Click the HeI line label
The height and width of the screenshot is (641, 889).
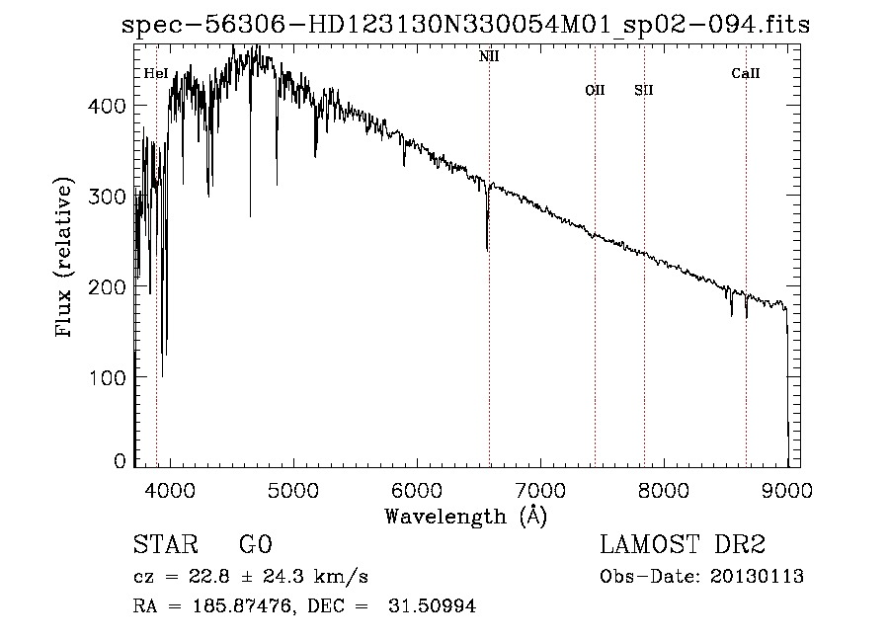pyautogui.click(x=156, y=73)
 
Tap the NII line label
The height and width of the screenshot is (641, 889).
pyautogui.click(x=489, y=57)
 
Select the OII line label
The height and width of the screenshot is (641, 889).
pyautogui.click(x=595, y=90)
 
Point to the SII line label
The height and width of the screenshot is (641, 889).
pyautogui.click(x=644, y=90)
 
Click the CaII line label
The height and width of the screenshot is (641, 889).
pyautogui.click(x=746, y=73)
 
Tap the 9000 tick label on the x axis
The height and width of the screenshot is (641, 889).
pyautogui.click(x=787, y=489)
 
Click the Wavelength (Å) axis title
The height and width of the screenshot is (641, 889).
pyautogui.click(x=465, y=516)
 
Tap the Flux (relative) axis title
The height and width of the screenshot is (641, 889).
pyautogui.click(x=66, y=260)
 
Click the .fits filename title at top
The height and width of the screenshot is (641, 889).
pyautogui.click(x=465, y=26)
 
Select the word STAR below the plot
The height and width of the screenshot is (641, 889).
pyautogui.click(x=165, y=546)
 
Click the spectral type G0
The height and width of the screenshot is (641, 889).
pyautogui.click(x=255, y=546)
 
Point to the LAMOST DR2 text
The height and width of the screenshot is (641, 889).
pyautogui.click(x=683, y=545)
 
